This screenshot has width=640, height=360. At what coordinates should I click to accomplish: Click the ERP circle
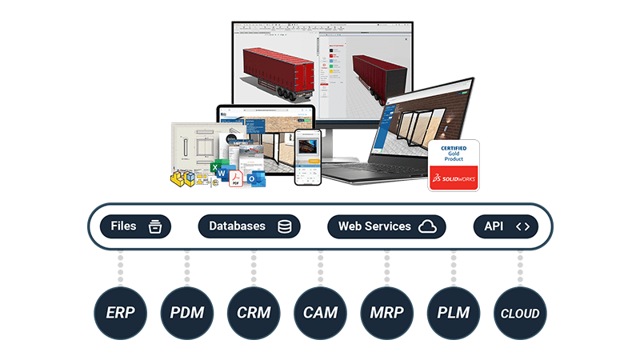point(120,313)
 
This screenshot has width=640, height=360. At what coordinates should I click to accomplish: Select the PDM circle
point(186,313)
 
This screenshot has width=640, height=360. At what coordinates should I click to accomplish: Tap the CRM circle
point(254,313)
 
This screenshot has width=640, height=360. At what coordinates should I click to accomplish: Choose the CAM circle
point(320,313)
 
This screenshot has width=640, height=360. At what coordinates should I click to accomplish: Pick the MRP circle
point(386,313)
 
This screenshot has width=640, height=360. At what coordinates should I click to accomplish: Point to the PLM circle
point(453,313)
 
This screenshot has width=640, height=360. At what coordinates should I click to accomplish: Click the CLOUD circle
point(520,313)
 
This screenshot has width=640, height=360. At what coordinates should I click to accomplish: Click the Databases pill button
point(249,226)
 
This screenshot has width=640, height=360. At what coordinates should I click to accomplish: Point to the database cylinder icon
point(284,226)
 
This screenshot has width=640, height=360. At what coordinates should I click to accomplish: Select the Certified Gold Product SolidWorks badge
point(454,166)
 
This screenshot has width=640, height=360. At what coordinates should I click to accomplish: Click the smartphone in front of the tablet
point(307,157)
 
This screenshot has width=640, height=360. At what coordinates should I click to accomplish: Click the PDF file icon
point(236,179)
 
